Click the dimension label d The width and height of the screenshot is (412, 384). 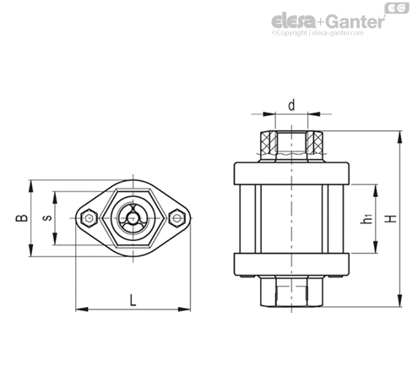pos(292,105)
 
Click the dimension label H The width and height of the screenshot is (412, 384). pos(391,218)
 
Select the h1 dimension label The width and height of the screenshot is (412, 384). pos(366,219)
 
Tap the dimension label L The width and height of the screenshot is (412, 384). pos(133,300)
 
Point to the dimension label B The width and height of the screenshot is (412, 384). pos(22,218)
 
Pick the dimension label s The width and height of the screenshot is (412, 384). pos(47,218)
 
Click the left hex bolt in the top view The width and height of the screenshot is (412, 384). pos(89,218)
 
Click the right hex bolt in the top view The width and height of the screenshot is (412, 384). pos(177,218)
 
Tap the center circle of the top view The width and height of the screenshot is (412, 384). pos(132,218)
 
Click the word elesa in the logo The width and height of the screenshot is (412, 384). pos(293,20)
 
